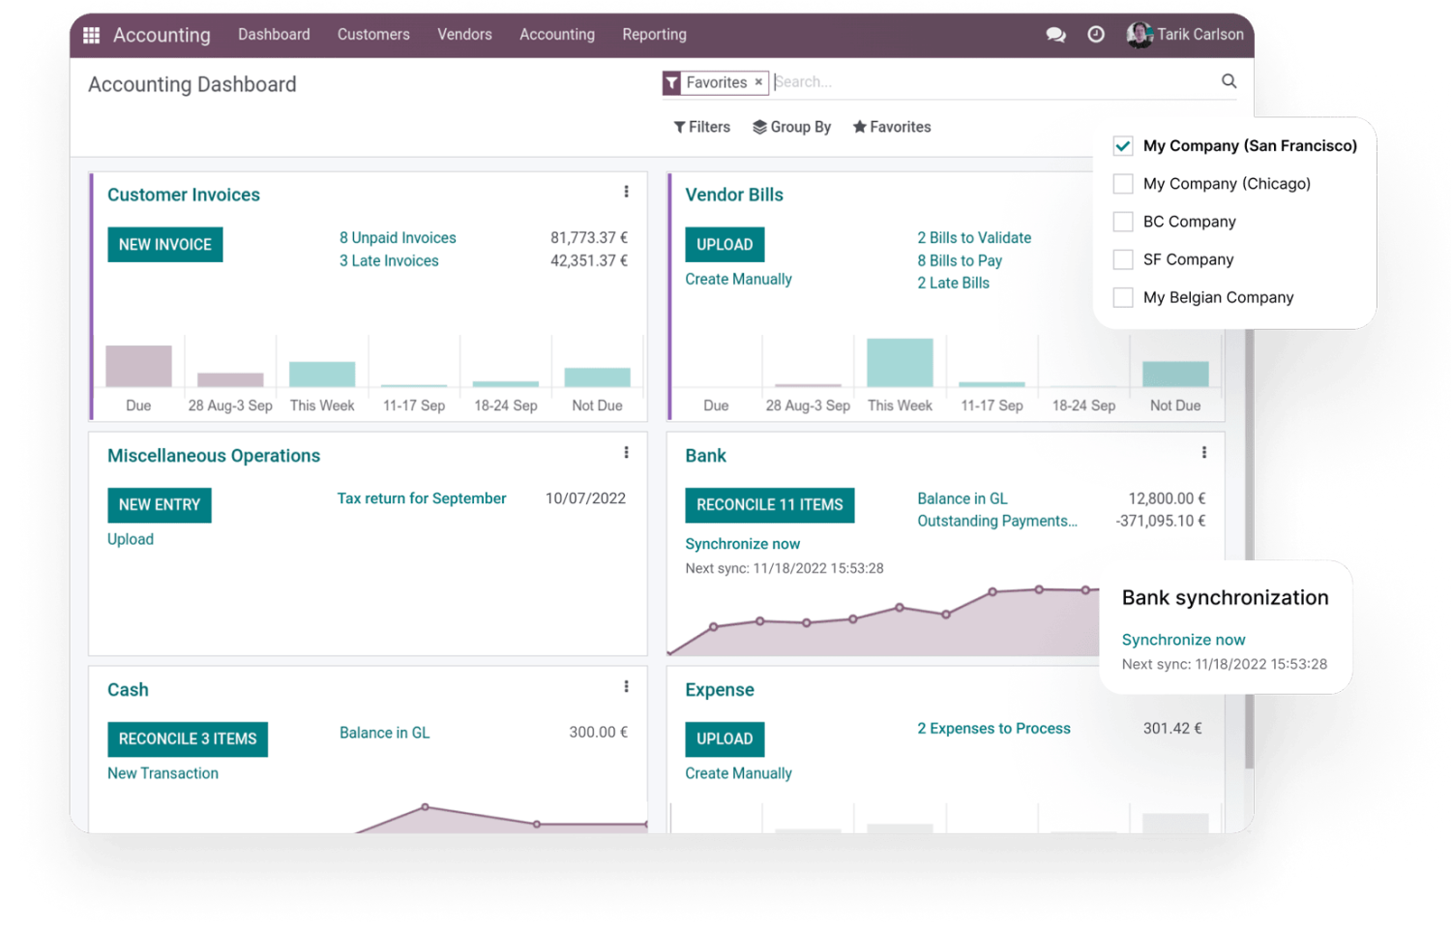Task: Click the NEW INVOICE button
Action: coord(164,245)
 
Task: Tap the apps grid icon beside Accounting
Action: coord(92,35)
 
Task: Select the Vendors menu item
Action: coord(464,35)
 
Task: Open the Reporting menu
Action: coord(654,35)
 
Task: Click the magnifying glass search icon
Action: coord(1229,81)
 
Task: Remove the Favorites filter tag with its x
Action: coord(758,82)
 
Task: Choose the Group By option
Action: coord(792,127)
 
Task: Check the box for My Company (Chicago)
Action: coord(1123,184)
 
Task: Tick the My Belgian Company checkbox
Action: coord(1123,297)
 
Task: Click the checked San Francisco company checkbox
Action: coord(1123,146)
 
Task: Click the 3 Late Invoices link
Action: coord(389,260)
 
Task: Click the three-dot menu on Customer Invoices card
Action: coord(626,192)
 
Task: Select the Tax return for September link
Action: coord(422,498)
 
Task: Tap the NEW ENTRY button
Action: coord(160,505)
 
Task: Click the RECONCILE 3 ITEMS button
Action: coord(188,739)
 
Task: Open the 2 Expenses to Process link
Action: coord(993,729)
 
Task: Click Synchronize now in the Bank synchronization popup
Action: coord(1183,640)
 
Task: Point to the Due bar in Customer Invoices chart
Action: coord(138,366)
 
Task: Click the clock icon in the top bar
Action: coord(1096,35)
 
